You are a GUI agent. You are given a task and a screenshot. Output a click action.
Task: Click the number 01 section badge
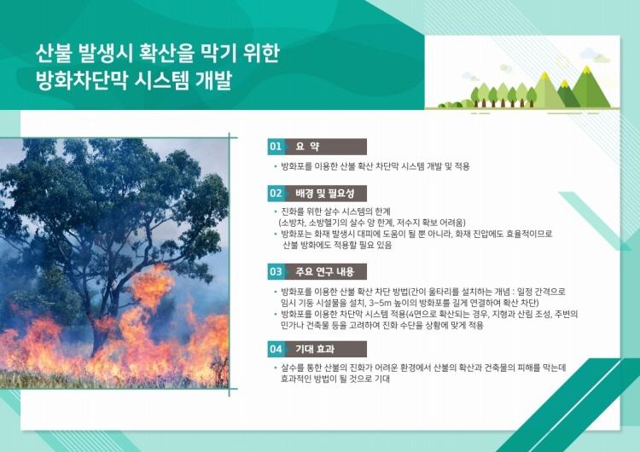click(276, 147)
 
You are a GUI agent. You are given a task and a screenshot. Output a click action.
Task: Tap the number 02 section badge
click(276, 194)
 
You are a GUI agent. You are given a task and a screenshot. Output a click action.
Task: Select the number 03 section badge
click(276, 272)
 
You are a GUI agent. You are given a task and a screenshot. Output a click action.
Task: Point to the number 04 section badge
click(276, 349)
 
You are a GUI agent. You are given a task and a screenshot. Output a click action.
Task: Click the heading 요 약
click(307, 147)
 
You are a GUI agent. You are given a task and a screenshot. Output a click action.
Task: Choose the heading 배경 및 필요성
click(325, 194)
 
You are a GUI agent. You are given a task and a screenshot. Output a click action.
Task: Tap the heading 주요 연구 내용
click(325, 272)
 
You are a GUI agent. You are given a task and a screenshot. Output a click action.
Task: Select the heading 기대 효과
click(315, 349)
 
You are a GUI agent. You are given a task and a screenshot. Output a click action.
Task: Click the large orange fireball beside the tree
click(152, 285)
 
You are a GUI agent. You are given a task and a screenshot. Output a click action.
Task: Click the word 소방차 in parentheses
click(292, 223)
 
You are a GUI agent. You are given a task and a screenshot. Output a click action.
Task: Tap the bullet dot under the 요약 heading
click(276, 166)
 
